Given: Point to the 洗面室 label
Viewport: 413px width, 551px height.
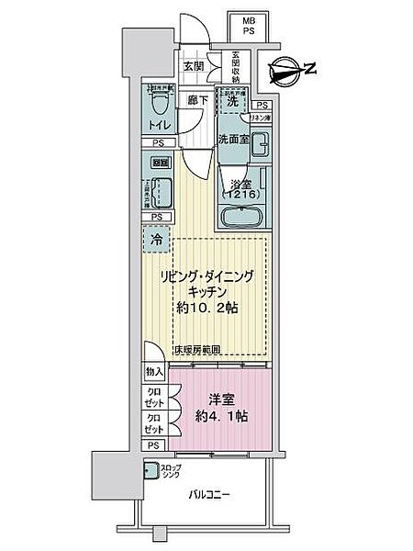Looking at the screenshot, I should click(234, 139).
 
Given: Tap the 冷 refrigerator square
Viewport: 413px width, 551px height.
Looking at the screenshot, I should click(157, 241).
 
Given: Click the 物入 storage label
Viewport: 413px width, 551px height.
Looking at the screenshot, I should click(155, 371).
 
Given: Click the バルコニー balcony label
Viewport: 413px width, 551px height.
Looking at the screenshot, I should click(212, 496).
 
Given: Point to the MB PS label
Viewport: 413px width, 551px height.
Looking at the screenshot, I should click(248, 26).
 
